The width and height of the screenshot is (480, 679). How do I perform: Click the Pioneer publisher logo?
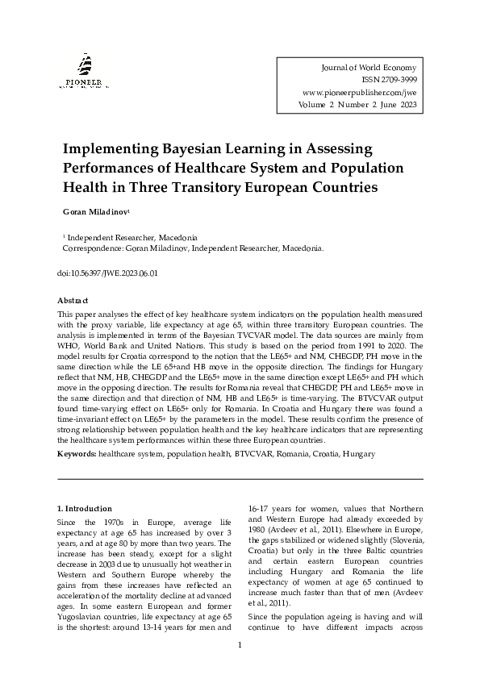pos(83,70)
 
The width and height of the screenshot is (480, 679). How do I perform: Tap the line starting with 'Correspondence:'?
pos(193,249)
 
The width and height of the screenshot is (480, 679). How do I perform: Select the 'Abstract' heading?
pos(74,299)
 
